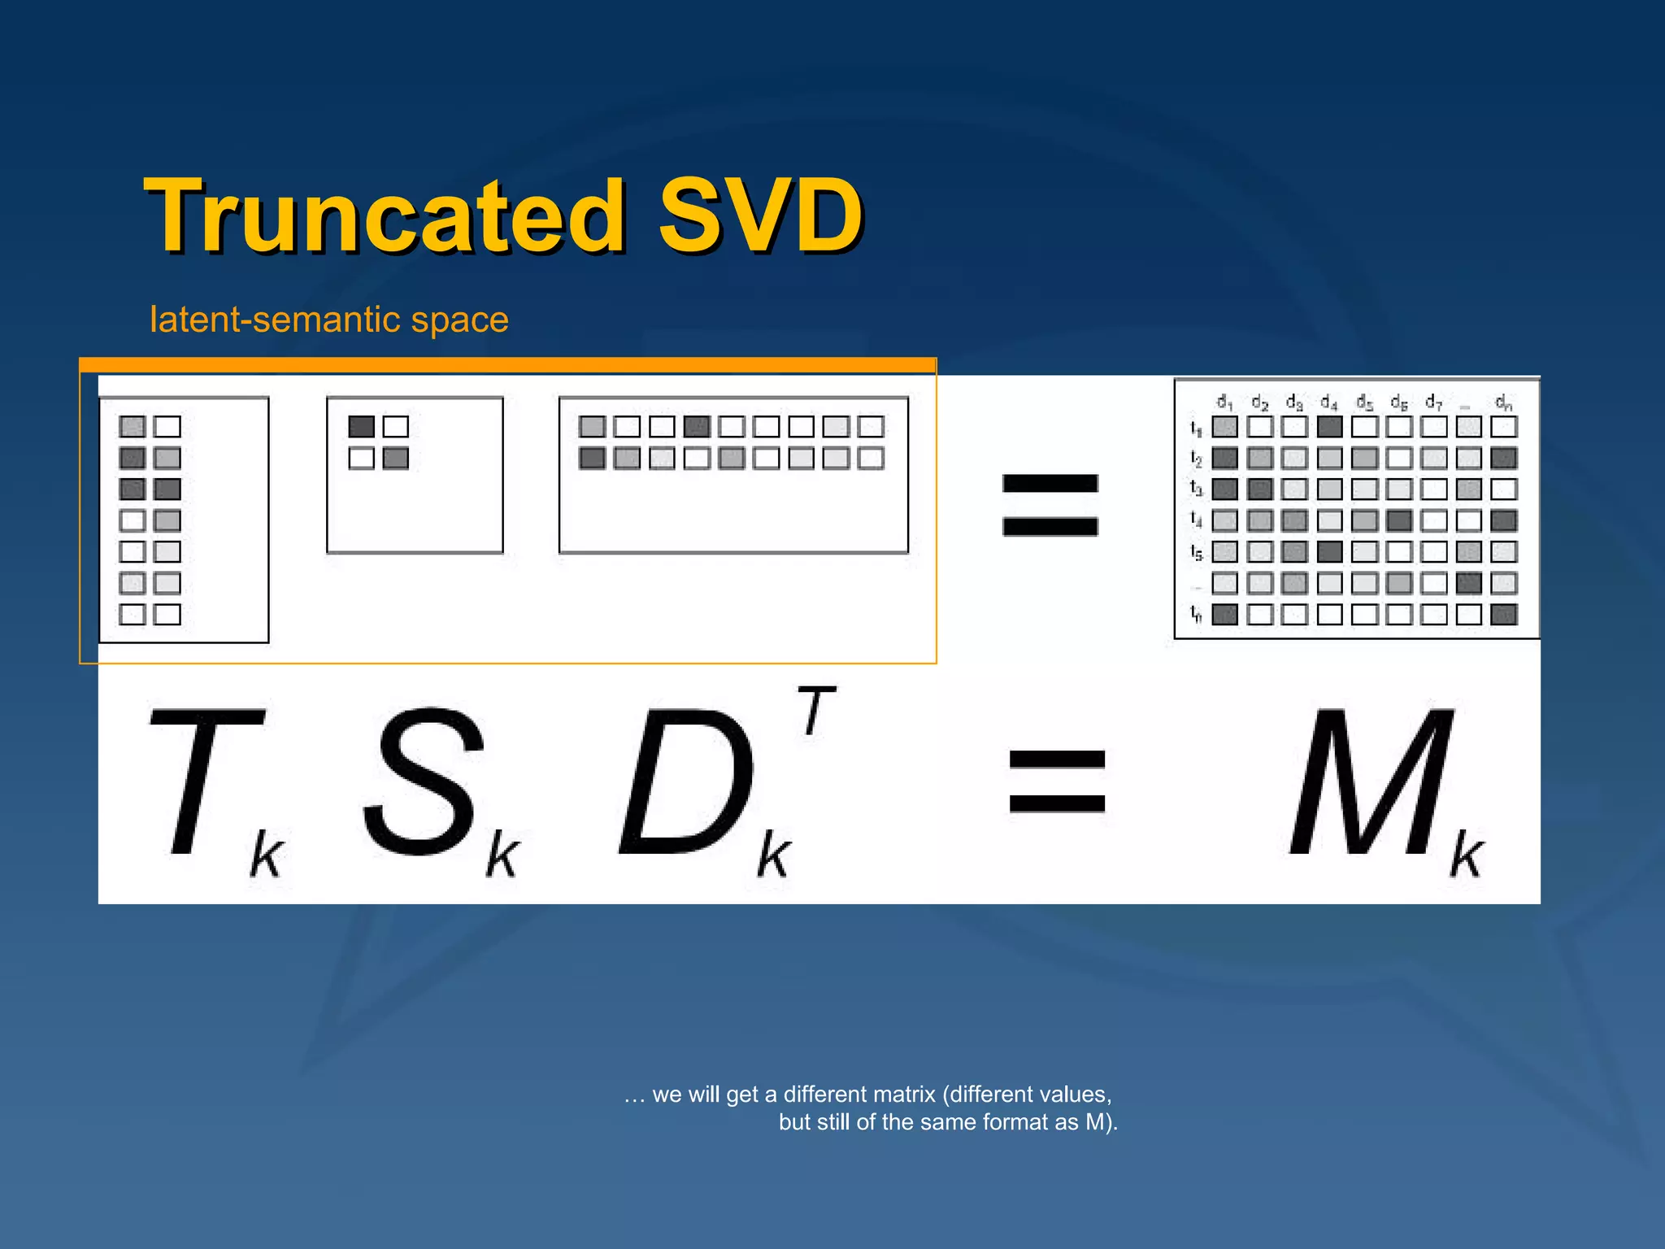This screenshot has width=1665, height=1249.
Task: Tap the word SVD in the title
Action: click(760, 216)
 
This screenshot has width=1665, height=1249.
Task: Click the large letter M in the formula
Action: click(1373, 782)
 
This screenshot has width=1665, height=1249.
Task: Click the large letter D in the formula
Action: click(687, 782)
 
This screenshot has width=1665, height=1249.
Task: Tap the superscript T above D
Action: click(815, 710)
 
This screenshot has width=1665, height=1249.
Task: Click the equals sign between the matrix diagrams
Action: click(1050, 505)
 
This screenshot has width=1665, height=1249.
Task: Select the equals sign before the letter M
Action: click(1057, 781)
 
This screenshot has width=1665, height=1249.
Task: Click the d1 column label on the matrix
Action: click(1224, 402)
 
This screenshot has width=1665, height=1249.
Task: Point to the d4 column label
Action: click(1329, 402)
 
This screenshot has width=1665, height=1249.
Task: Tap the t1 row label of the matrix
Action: click(1196, 427)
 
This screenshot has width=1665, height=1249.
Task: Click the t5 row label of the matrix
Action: click(1196, 552)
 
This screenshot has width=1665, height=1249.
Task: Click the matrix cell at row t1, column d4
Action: click(1329, 427)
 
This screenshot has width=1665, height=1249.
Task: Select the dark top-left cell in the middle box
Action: click(361, 427)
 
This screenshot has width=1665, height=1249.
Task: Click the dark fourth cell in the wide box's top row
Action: click(697, 427)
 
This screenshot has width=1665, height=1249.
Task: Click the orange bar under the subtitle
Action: click(508, 366)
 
